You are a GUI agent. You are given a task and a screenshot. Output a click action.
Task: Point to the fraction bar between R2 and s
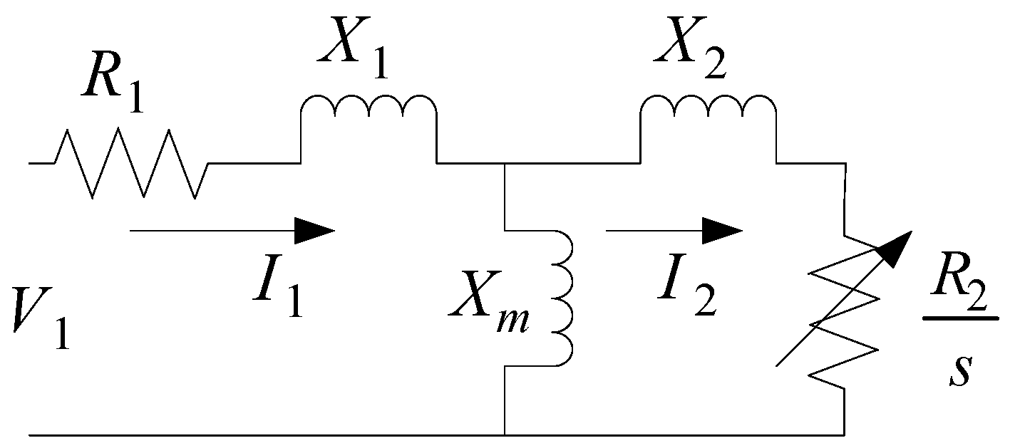pos(960,318)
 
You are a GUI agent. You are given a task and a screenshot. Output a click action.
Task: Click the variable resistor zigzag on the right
pos(845,313)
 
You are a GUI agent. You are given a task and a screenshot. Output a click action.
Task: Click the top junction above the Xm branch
pos(505,163)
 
